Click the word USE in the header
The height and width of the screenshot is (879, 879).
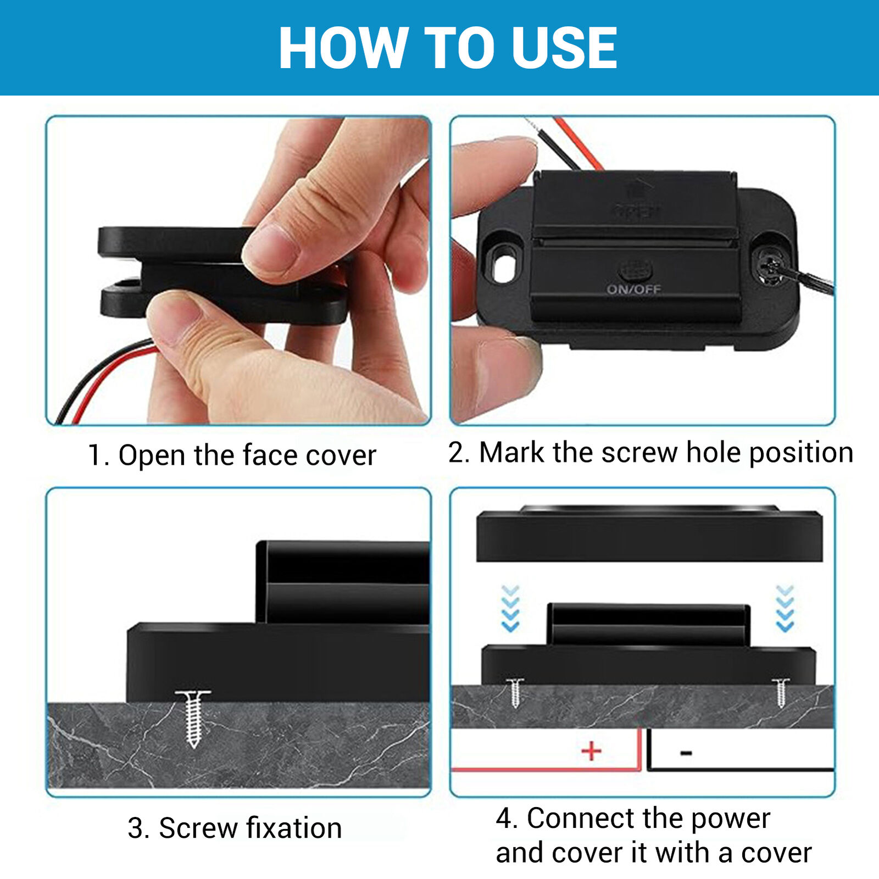[564, 48]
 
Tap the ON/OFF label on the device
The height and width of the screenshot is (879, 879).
[633, 289]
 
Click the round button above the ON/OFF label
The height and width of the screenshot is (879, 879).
[635, 270]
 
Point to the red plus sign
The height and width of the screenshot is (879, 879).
[591, 751]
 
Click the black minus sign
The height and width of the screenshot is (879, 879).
[686, 753]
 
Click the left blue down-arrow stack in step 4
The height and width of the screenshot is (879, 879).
[510, 609]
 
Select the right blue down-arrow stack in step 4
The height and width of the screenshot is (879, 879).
[785, 609]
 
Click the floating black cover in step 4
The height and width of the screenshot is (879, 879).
[649, 533]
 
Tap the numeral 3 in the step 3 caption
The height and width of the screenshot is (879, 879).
[136, 828]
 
